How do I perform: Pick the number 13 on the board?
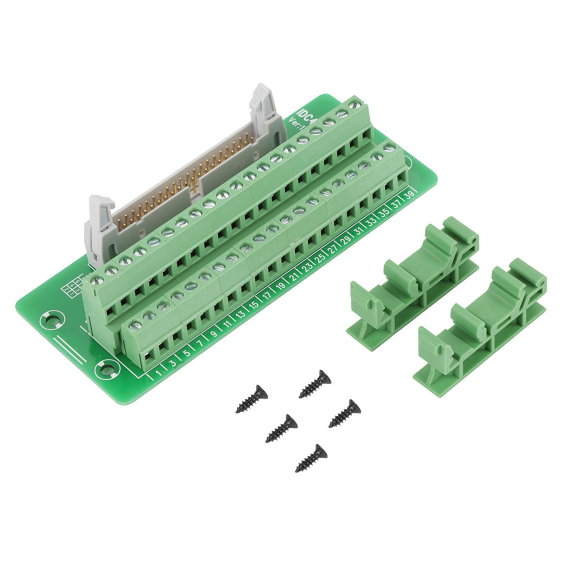coord(241,314)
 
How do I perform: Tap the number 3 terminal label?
coord(174,362)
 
